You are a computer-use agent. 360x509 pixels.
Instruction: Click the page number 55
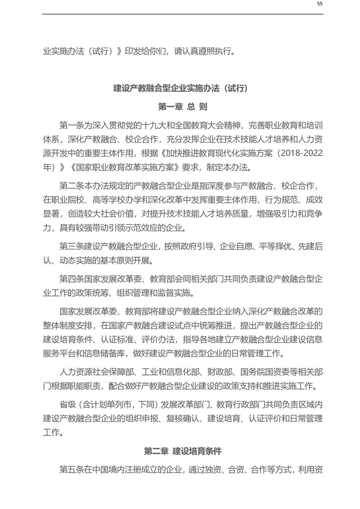click(x=320, y=4)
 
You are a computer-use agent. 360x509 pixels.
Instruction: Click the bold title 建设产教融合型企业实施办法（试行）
click(x=181, y=88)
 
